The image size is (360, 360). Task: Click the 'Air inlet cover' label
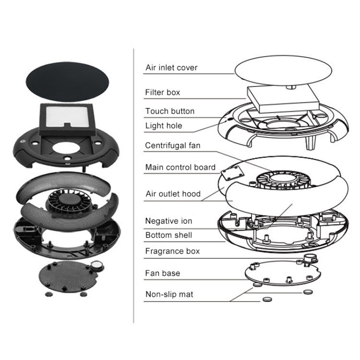pyautogui.click(x=171, y=68)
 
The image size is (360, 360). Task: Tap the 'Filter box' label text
pyautogui.click(x=163, y=92)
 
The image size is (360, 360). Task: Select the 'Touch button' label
pyautogui.click(x=170, y=111)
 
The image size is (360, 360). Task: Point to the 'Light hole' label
pyautogui.click(x=164, y=126)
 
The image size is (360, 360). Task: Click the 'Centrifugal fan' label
pyautogui.click(x=173, y=145)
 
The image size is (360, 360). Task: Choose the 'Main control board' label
pyautogui.click(x=180, y=168)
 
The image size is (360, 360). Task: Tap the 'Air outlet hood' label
pyautogui.click(x=173, y=194)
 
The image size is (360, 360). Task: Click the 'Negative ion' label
pyautogui.click(x=168, y=221)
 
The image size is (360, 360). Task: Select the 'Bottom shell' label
pyautogui.click(x=168, y=235)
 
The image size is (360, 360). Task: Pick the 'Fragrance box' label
pyautogui.click(x=172, y=251)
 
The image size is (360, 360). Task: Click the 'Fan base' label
pyautogui.click(x=163, y=273)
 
